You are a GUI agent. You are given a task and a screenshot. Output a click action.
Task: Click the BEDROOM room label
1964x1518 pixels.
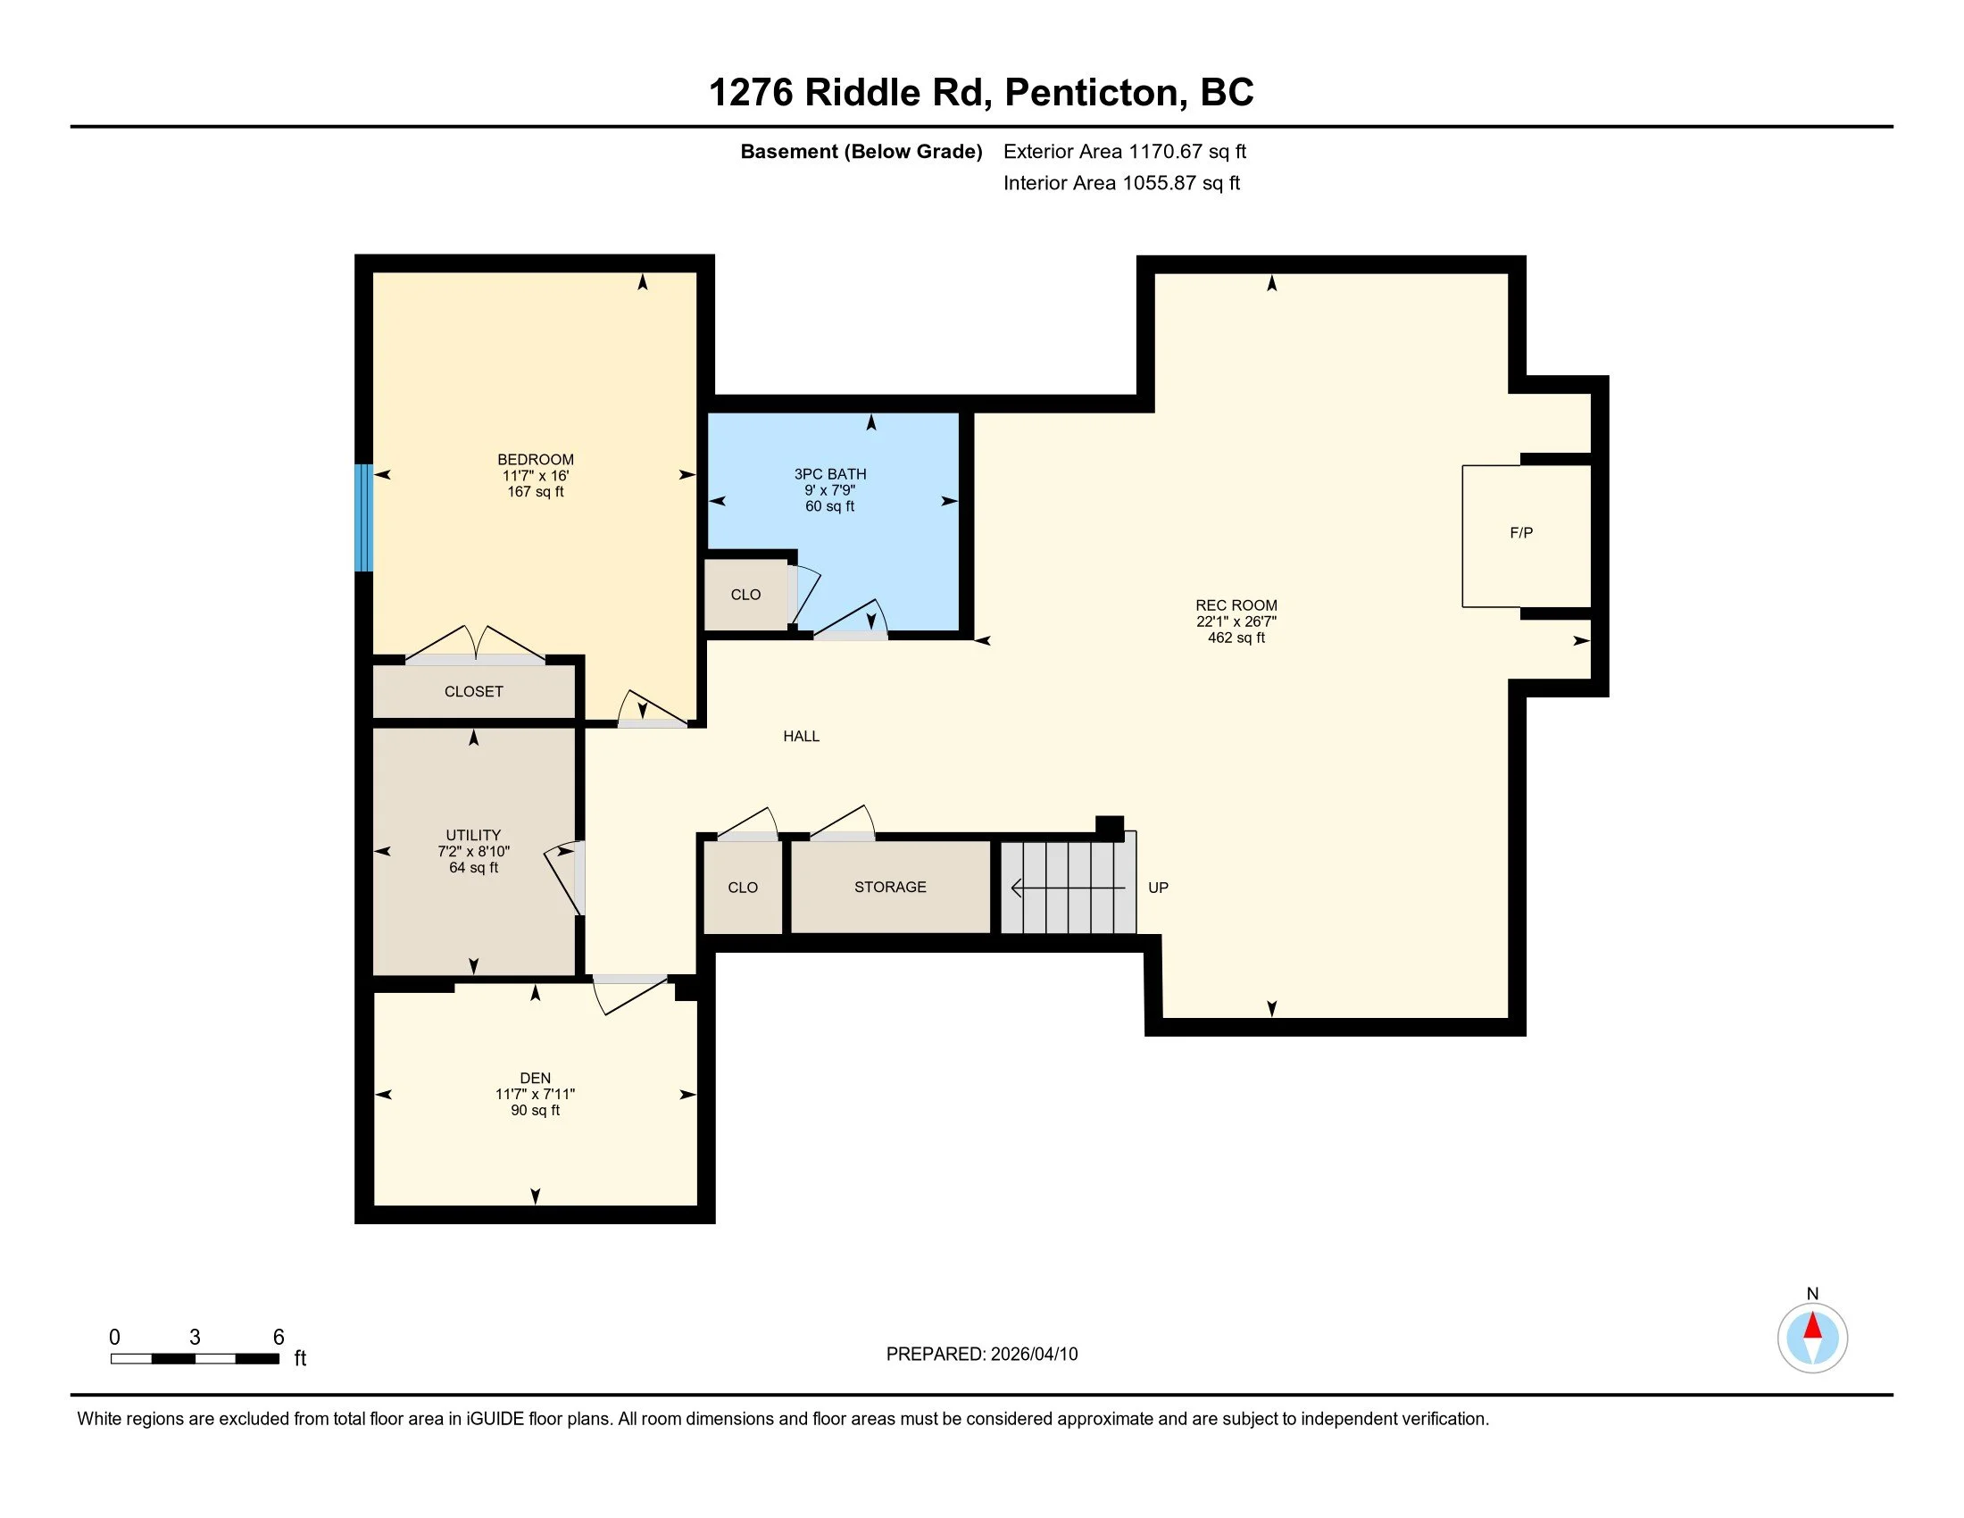[535, 460]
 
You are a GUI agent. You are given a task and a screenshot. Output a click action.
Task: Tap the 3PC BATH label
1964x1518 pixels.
[830, 474]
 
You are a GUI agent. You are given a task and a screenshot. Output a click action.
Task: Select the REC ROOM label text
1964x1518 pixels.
[1236, 605]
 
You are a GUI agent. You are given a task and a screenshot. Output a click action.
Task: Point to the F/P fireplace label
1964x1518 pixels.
[1521, 533]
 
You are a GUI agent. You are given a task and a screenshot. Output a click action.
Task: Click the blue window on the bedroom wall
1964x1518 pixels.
[363, 517]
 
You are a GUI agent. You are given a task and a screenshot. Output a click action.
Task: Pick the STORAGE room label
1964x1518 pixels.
[890, 887]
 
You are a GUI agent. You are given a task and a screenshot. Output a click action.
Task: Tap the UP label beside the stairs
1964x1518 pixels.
[1158, 888]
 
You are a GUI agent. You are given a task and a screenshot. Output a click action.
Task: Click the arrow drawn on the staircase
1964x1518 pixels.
[1069, 888]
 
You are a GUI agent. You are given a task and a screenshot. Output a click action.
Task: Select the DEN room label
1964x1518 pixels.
[535, 1079]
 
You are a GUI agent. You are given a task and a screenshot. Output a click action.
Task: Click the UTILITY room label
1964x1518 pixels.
[473, 836]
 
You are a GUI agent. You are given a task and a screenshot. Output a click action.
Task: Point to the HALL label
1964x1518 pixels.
[802, 737]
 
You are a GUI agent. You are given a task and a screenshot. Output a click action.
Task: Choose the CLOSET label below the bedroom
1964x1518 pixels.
[474, 691]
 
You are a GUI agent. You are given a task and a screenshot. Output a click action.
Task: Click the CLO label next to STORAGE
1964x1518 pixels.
[743, 888]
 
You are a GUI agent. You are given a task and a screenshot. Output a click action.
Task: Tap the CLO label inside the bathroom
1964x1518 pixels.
[745, 595]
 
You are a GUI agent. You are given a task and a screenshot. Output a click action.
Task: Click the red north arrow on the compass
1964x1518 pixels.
[1813, 1325]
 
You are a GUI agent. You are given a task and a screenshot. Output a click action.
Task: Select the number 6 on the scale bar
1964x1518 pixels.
[279, 1338]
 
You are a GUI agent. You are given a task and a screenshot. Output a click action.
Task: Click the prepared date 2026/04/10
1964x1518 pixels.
[1032, 1355]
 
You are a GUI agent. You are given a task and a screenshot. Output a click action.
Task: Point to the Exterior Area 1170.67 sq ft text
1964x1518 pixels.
[1125, 151]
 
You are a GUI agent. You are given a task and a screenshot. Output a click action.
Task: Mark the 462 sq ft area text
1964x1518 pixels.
[1236, 638]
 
